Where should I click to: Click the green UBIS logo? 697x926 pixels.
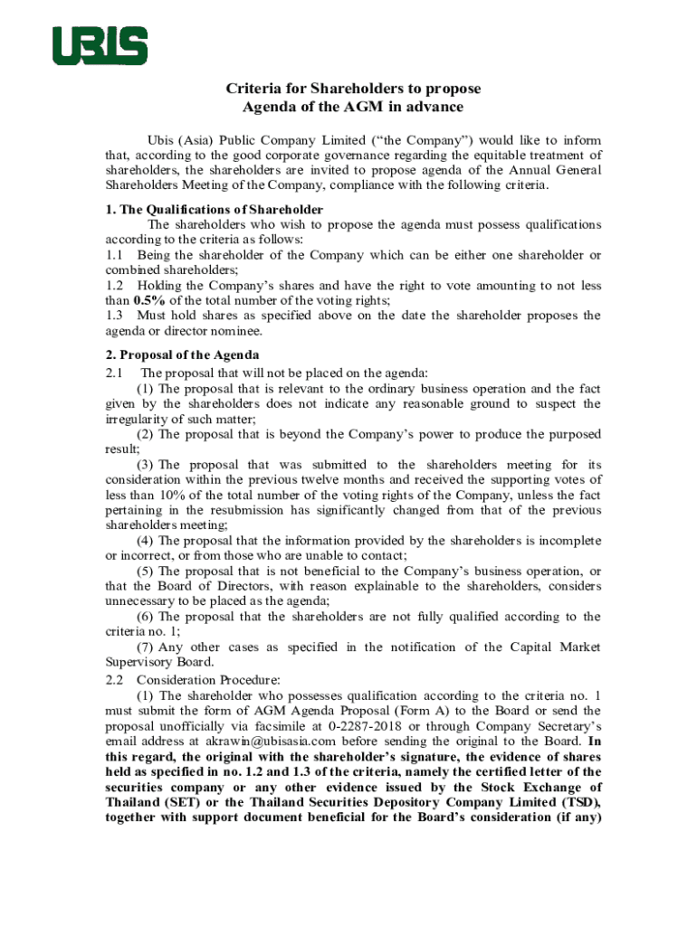pyautogui.click(x=100, y=46)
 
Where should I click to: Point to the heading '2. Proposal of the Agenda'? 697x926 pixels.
pyautogui.click(x=182, y=354)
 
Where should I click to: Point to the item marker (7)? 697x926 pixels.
pyautogui.click(x=146, y=647)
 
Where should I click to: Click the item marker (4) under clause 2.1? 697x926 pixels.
pyautogui.click(x=146, y=540)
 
